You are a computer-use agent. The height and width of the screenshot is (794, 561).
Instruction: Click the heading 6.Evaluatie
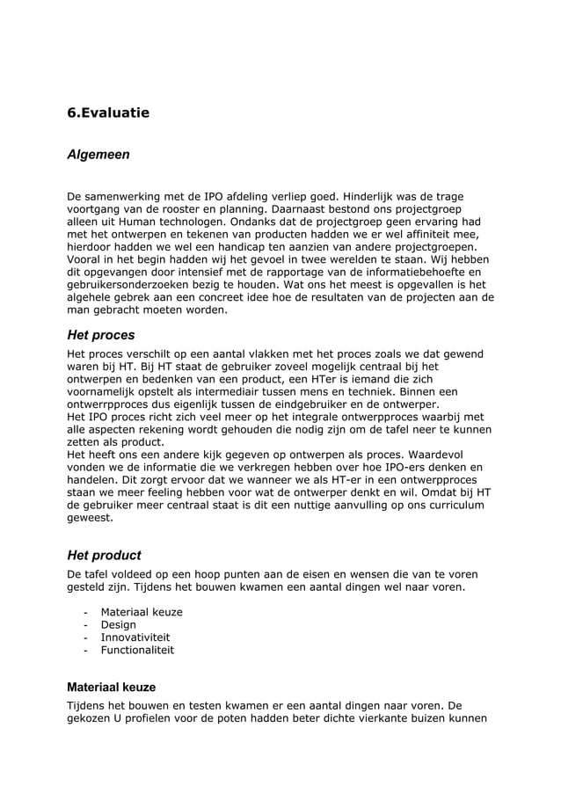[108, 113]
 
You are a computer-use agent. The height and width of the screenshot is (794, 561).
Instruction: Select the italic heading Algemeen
[98, 155]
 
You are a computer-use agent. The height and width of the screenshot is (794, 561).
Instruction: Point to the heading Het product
[104, 556]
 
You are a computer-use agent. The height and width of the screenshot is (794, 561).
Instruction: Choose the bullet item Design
[118, 625]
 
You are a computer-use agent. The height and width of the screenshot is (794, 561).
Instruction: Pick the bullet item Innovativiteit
[135, 637]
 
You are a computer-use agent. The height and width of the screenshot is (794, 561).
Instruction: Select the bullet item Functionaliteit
[137, 651]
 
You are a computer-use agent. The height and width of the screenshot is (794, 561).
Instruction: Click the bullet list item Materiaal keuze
[142, 612]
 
